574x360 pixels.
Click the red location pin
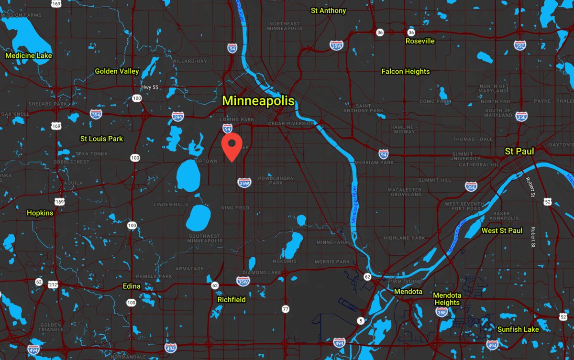(x=232, y=146)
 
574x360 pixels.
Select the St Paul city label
(x=519, y=151)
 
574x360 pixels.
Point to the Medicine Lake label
(x=29, y=56)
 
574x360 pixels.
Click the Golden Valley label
(x=117, y=71)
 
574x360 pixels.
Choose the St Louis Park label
(x=101, y=139)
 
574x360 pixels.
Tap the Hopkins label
(x=40, y=213)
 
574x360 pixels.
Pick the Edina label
(x=132, y=286)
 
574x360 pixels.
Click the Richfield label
(x=232, y=300)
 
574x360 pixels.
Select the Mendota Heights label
(x=447, y=299)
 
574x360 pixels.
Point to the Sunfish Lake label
(x=518, y=329)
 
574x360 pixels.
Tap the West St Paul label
(x=502, y=230)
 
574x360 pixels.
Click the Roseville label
(x=420, y=41)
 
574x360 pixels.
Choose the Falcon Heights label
(x=406, y=72)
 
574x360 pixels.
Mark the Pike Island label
(x=406, y=281)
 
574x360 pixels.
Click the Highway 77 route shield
(x=286, y=309)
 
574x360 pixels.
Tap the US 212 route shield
(x=53, y=285)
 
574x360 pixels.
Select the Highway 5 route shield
(x=360, y=320)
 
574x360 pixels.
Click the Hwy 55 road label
(x=149, y=87)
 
